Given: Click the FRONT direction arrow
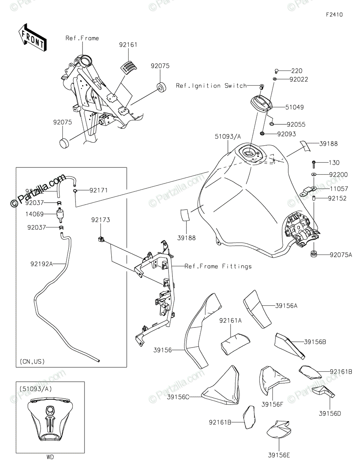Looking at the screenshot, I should pyautogui.click(x=33, y=38).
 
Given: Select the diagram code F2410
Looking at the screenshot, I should pyautogui.click(x=334, y=15).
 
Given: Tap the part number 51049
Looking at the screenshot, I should pyautogui.click(x=295, y=107).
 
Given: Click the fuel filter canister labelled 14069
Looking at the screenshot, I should pyautogui.click(x=60, y=214).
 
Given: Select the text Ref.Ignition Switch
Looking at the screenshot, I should pyautogui.click(x=211, y=86).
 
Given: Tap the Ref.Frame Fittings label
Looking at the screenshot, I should pyautogui.click(x=218, y=266).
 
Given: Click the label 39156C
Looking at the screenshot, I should pyautogui.click(x=178, y=396).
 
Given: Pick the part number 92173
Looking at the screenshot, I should pyautogui.click(x=101, y=220).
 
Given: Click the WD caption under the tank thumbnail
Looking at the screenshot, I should pyautogui.click(x=50, y=457).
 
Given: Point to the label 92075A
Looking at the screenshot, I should pyautogui.click(x=341, y=255).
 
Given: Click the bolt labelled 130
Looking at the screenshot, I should pyautogui.click(x=313, y=163).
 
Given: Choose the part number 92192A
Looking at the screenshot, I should pyautogui.click(x=41, y=265).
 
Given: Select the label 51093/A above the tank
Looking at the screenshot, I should pyautogui.click(x=228, y=136).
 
